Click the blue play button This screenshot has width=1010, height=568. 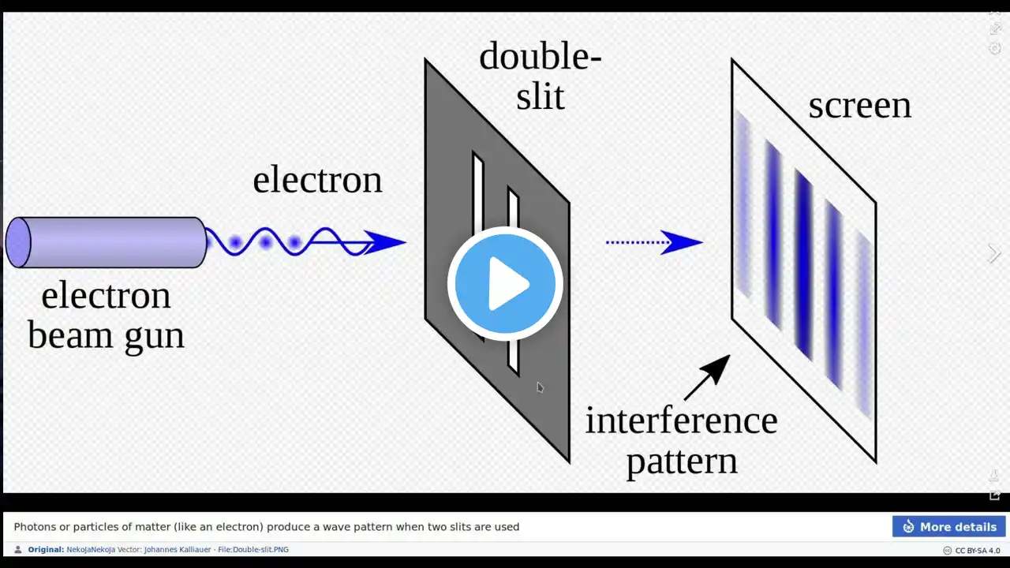[x=505, y=283]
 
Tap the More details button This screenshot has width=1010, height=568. [x=948, y=526]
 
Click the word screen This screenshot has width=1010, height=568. [x=860, y=106]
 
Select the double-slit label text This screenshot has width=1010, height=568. [x=541, y=76]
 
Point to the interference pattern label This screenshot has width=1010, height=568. [x=682, y=440]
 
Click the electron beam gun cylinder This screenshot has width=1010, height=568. [x=107, y=242]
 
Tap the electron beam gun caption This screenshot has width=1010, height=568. [x=107, y=316]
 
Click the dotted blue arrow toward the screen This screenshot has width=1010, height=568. [x=654, y=242]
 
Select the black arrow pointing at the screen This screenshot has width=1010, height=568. [x=707, y=377]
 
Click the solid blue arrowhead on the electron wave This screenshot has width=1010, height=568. [x=384, y=242]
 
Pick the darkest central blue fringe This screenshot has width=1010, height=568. [x=804, y=265]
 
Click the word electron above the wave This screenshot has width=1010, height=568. [x=317, y=181]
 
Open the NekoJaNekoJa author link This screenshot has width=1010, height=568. [x=91, y=550]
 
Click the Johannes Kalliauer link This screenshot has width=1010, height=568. [x=178, y=550]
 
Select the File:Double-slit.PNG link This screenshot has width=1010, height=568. [x=253, y=550]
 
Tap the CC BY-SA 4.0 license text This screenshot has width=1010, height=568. [x=978, y=551]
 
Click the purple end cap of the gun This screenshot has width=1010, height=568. [x=18, y=242]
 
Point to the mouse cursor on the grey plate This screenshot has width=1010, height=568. [x=541, y=387]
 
